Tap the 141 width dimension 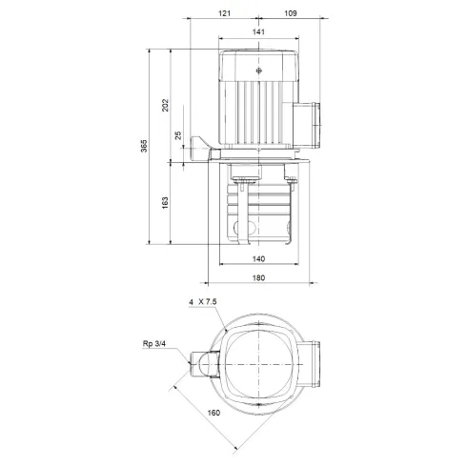260,33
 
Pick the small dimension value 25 178,135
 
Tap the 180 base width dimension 258,278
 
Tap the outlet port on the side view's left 201,150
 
